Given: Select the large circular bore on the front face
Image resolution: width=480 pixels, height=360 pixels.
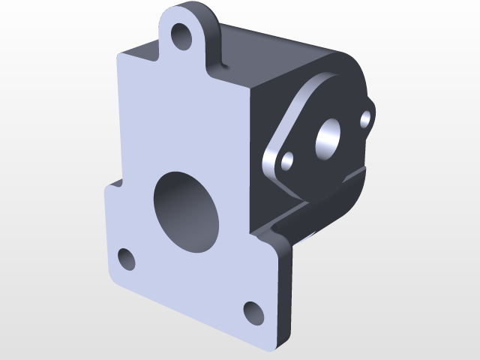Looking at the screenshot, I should [185, 211].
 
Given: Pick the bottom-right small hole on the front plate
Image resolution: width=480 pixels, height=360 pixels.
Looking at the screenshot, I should [253, 311].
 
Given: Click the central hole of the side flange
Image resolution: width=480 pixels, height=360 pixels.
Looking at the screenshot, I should [328, 138].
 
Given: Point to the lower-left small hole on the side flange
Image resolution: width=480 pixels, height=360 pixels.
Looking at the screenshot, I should [286, 160].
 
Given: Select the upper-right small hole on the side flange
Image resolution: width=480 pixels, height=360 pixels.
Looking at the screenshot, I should [366, 118].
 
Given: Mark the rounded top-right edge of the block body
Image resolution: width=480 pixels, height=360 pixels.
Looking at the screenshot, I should [352, 64].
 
